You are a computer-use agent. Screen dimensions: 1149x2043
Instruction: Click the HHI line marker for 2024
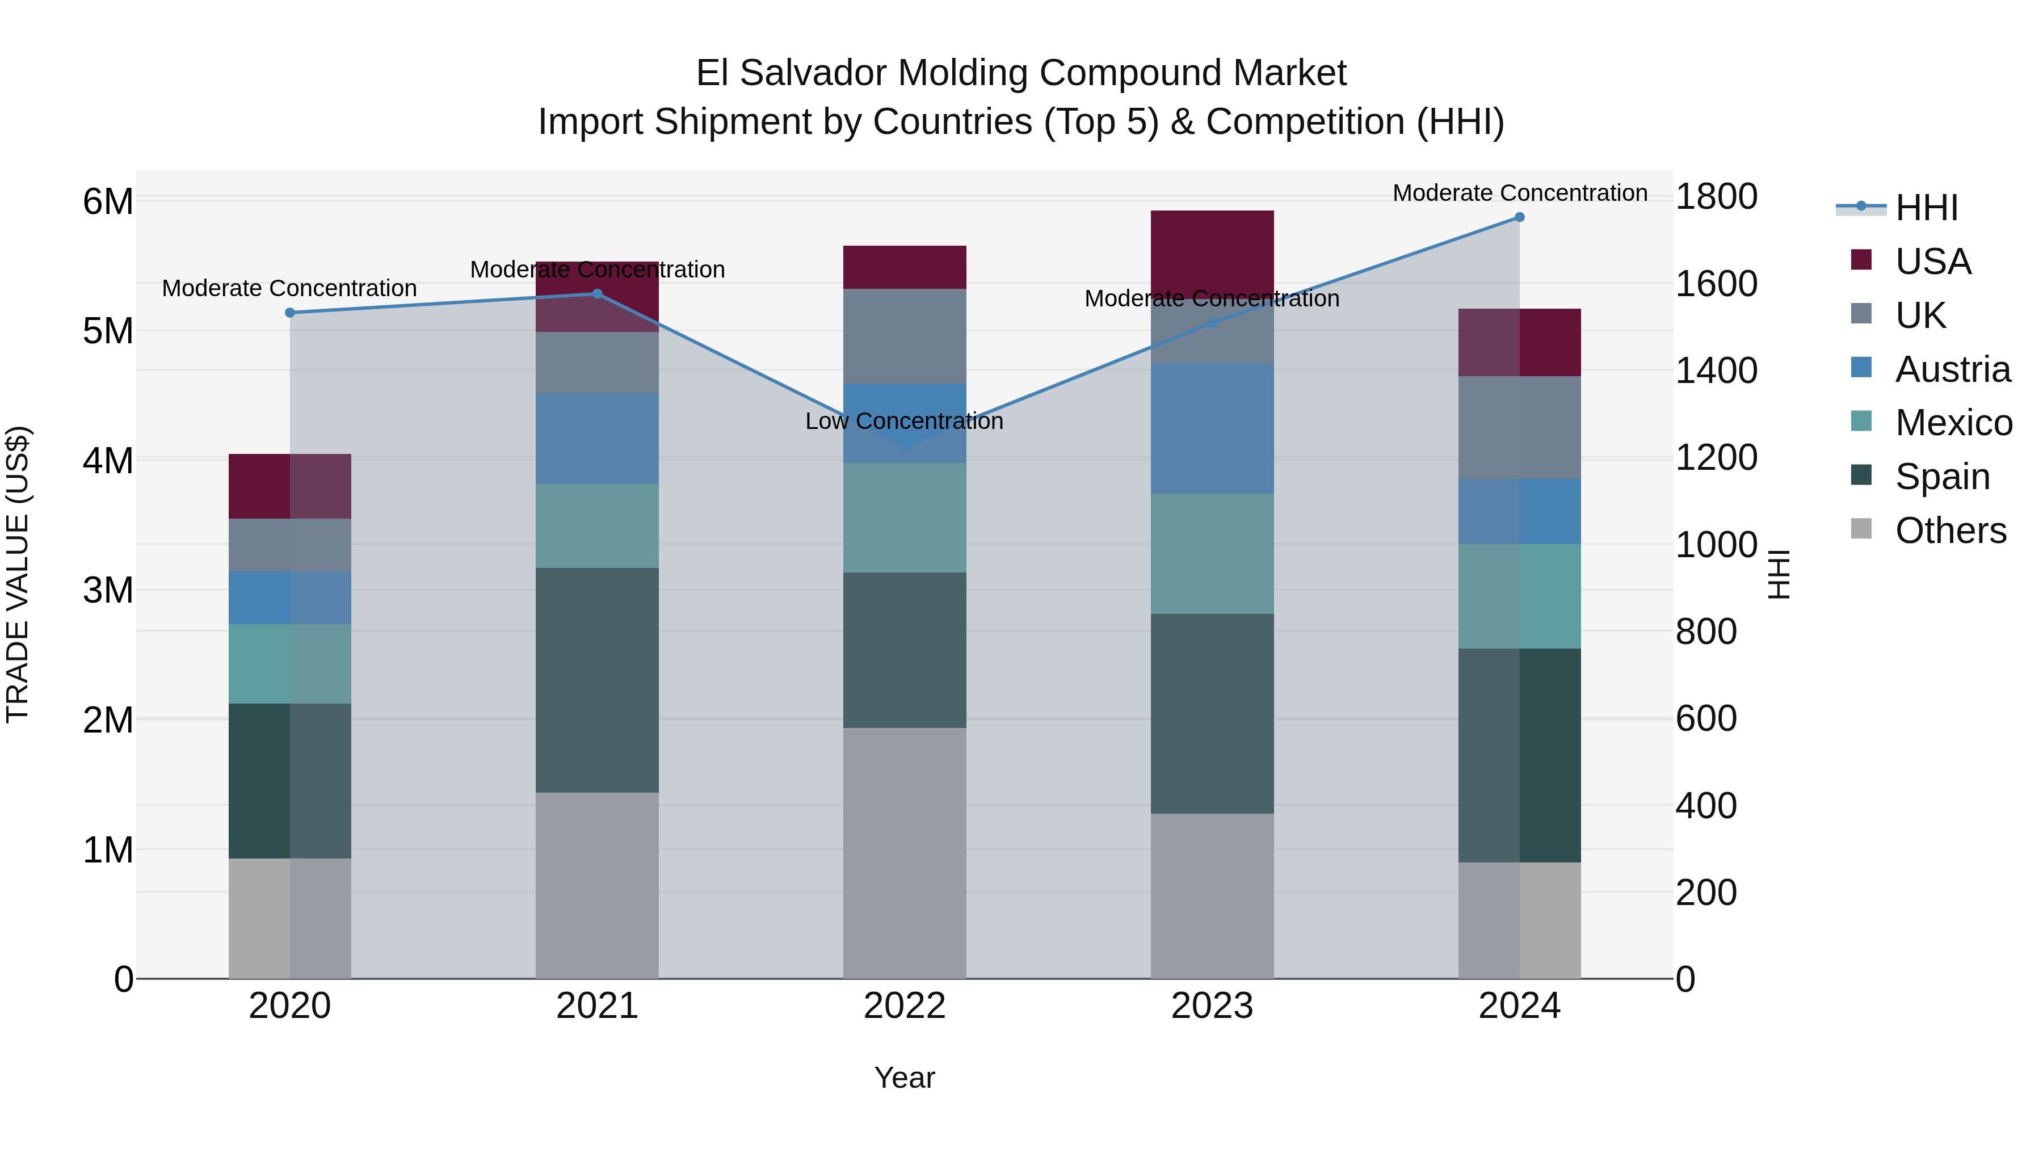click(x=1519, y=217)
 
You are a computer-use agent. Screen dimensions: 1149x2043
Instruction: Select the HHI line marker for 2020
click(x=289, y=313)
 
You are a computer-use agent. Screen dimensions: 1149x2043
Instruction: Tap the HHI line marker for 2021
click(x=597, y=294)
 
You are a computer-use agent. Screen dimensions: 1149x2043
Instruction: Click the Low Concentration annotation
click(x=904, y=421)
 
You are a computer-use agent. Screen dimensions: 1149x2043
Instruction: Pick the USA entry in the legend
click(x=1932, y=262)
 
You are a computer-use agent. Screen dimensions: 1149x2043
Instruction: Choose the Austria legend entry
click(x=1952, y=369)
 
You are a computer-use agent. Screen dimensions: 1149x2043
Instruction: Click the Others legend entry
click(x=1949, y=531)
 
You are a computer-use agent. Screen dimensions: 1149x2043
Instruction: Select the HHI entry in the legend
click(x=1926, y=208)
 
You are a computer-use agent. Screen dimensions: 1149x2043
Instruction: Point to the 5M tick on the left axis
click(x=108, y=331)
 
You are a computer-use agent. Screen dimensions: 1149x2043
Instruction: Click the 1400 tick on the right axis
click(x=1716, y=371)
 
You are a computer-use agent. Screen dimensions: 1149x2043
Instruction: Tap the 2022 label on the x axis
click(x=904, y=1006)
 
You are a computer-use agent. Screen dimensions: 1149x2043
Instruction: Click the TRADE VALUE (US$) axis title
click(x=18, y=574)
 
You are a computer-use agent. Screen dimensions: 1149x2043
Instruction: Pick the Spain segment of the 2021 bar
click(x=597, y=680)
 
